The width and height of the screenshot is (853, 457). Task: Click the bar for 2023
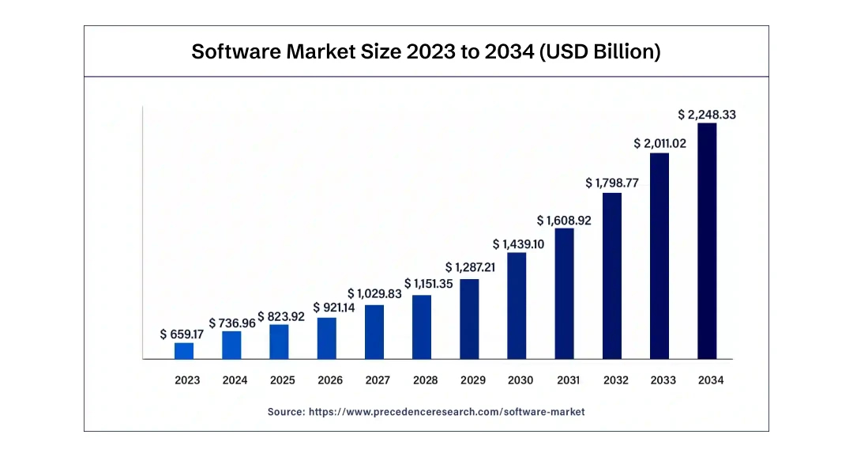[184, 351]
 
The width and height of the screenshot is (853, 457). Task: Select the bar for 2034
[707, 241]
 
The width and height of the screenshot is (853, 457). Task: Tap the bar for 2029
[469, 319]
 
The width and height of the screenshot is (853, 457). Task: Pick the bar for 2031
[564, 293]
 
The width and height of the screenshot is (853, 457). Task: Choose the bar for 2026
[327, 338]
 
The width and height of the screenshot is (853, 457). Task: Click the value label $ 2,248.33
[707, 115]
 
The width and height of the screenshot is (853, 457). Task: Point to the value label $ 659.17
[182, 334]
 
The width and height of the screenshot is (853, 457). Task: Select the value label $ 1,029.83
[374, 293]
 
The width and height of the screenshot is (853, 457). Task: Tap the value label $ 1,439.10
[517, 244]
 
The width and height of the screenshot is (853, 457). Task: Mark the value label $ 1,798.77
[612, 183]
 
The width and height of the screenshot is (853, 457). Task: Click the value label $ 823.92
[280, 316]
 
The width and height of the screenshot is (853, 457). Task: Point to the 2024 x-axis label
[235, 380]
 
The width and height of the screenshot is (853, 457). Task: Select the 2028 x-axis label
[425, 380]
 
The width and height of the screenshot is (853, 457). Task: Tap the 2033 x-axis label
[663, 380]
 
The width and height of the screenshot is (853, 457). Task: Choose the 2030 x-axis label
[520, 380]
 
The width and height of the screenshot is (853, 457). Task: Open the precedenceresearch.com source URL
[446, 412]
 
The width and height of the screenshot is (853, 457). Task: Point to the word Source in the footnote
[285, 412]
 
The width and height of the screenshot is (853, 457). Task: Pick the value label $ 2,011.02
[659, 143]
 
